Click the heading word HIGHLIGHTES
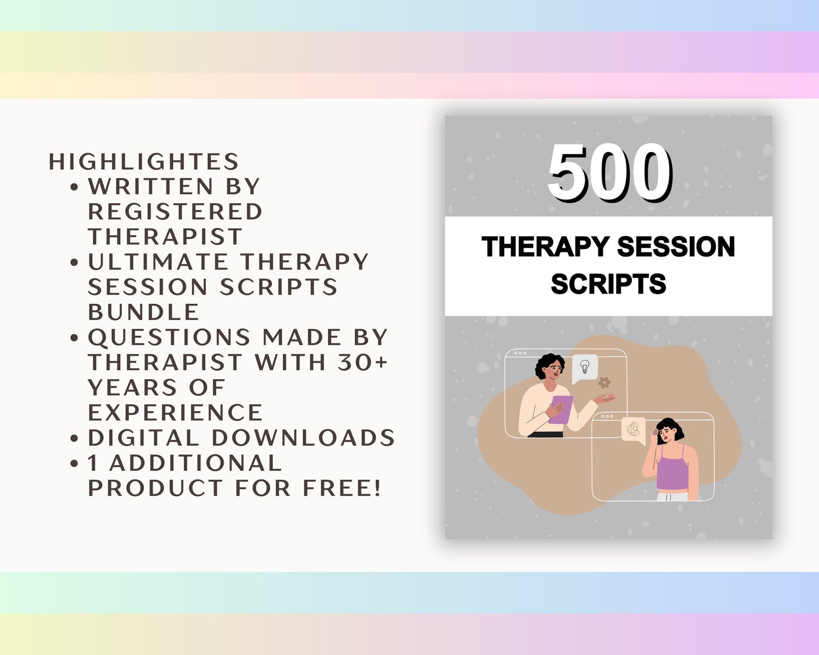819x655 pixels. (144, 161)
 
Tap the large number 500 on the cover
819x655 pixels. (610, 173)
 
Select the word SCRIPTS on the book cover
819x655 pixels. (608, 284)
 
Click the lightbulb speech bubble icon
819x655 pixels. (585, 367)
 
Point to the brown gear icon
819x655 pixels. (604, 383)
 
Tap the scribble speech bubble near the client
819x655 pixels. (633, 429)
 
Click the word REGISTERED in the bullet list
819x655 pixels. (175, 211)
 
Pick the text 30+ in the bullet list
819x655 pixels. (362, 362)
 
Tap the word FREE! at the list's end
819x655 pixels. (342, 488)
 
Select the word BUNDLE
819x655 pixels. (143, 312)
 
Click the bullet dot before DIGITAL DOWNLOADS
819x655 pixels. (74, 438)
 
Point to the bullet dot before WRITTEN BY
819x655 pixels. (74, 187)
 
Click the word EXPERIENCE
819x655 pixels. (175, 413)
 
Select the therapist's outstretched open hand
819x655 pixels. (604, 398)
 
